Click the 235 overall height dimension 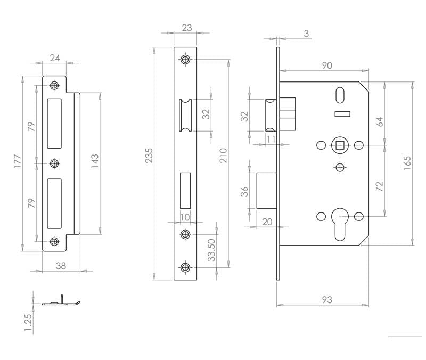[149, 156]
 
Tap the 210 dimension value [223, 156]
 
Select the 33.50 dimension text [211, 250]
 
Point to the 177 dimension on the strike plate [18, 161]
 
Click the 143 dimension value [95, 161]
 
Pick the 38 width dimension [61, 266]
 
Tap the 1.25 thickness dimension [28, 323]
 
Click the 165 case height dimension [407, 163]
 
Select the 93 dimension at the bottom [327, 300]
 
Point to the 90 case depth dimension [327, 66]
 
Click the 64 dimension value [380, 122]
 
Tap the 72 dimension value [380, 186]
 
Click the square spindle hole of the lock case [340, 145]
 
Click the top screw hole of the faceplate [185, 59]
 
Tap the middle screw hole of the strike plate [55, 163]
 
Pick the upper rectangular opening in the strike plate [54, 124]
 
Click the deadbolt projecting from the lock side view [267, 191]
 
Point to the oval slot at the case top [340, 95]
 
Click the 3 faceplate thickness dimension [307, 34]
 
